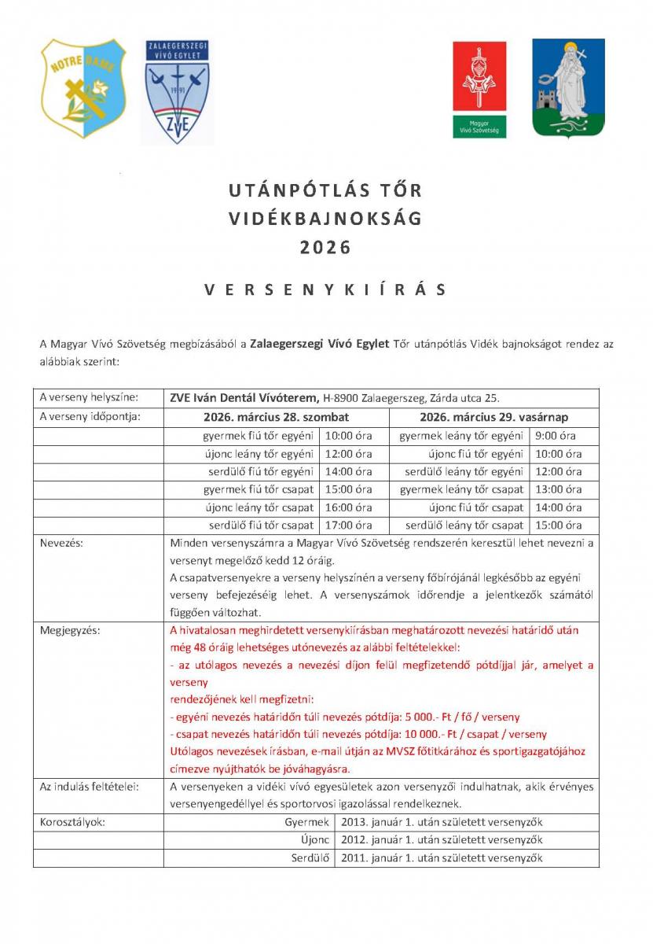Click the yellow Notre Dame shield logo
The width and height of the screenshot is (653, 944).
(84, 88)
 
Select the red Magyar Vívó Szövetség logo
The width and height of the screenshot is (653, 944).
(479, 88)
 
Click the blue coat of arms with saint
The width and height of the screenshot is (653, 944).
(568, 88)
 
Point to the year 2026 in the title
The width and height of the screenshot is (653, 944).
(325, 248)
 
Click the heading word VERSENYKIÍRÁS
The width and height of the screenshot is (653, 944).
(325, 289)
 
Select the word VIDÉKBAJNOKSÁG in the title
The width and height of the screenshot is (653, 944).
(325, 219)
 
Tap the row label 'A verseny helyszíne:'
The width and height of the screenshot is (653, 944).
(89, 398)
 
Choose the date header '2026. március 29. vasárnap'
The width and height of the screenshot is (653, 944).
(493, 416)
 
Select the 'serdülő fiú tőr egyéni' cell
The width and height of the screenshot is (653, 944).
(259, 471)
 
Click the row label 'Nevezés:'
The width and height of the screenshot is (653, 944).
(61, 543)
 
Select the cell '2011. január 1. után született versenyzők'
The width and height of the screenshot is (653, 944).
(442, 858)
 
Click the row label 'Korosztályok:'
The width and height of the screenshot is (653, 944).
(72, 822)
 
